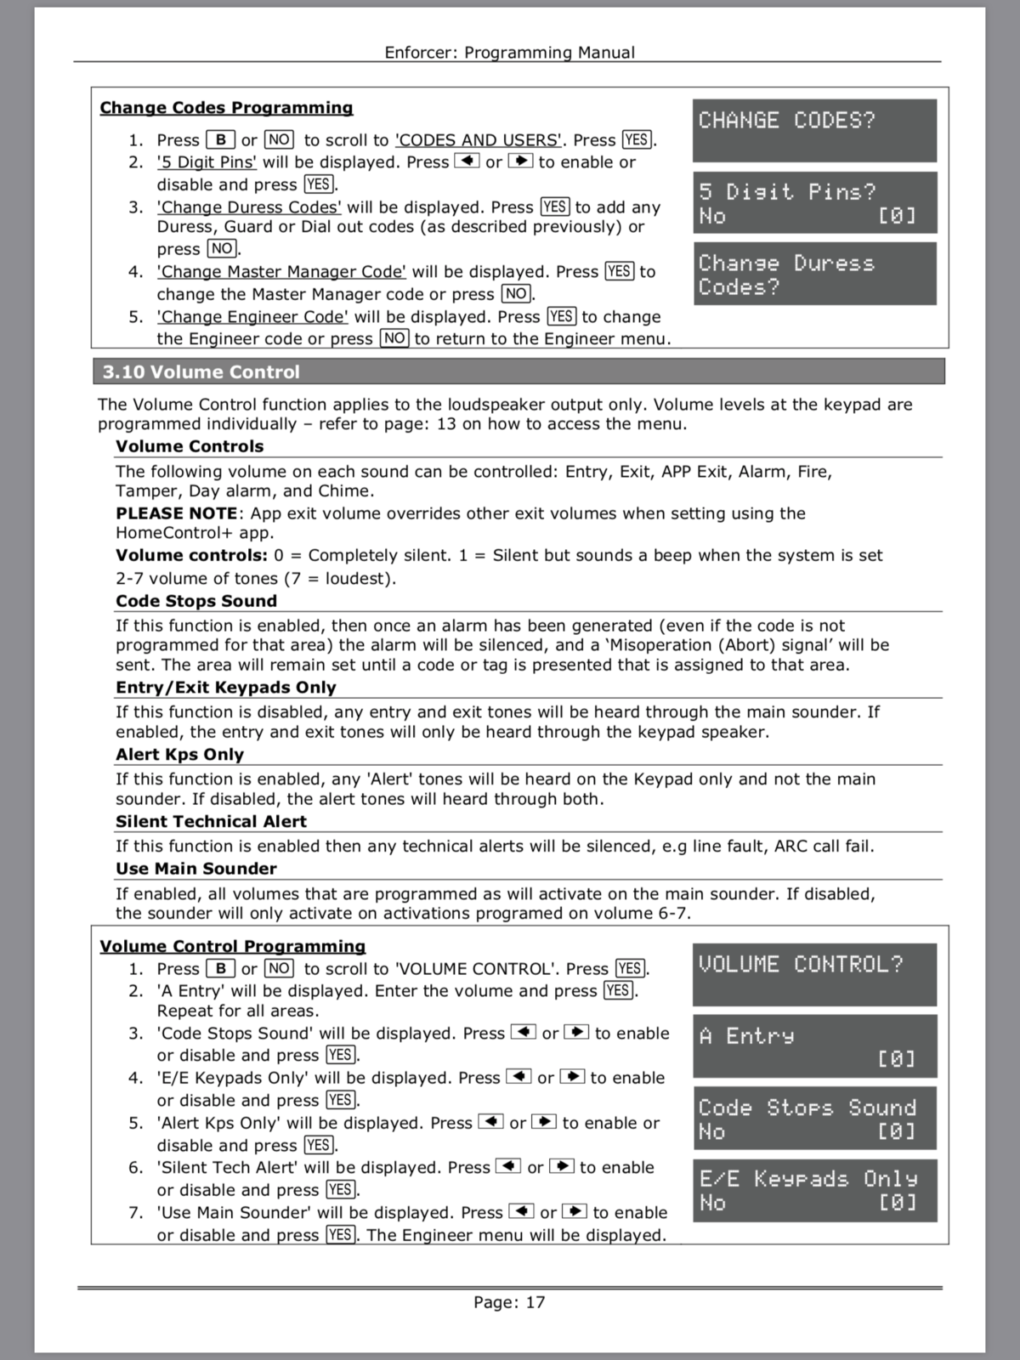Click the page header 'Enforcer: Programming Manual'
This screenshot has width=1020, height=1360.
click(509, 52)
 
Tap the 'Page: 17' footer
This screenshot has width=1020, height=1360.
click(509, 1301)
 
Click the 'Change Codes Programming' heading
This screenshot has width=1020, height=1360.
click(226, 108)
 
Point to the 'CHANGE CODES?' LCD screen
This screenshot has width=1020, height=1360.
click(814, 130)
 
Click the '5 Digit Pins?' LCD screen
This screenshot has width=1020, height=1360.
click(814, 202)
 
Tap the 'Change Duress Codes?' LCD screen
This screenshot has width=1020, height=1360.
click(814, 274)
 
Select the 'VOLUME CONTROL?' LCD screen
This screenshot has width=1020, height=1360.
click(814, 974)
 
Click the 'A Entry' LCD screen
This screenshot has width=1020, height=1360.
click(814, 1046)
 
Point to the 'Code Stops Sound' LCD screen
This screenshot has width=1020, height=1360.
click(814, 1118)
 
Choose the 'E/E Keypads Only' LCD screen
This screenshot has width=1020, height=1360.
click(814, 1190)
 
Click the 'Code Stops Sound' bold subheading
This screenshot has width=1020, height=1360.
click(196, 601)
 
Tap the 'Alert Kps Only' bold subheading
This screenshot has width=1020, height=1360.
click(179, 754)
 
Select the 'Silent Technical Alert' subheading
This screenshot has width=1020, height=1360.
click(211, 821)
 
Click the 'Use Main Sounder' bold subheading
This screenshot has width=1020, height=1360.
click(196, 869)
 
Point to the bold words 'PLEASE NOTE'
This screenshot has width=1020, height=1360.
click(177, 513)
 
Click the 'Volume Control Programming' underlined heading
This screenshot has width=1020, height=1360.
click(232, 946)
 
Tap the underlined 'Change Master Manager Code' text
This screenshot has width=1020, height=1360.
click(281, 272)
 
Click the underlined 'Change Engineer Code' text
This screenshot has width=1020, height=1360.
click(252, 317)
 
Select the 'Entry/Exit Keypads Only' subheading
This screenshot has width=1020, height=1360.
click(226, 687)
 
